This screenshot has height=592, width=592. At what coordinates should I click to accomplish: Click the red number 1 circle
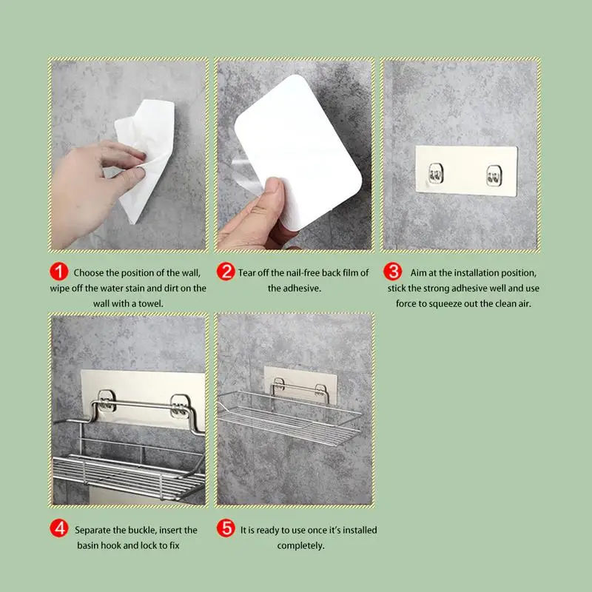(x=60, y=273)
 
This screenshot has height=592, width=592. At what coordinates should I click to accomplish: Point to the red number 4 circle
(x=60, y=530)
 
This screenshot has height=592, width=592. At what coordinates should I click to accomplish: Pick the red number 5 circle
(x=225, y=530)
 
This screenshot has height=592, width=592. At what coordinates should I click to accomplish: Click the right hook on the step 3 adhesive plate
(x=493, y=175)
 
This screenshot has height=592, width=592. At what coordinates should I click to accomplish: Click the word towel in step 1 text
(x=150, y=303)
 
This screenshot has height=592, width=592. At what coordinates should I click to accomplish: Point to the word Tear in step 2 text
(x=249, y=273)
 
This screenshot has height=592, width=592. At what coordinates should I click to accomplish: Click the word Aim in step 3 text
(x=418, y=273)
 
